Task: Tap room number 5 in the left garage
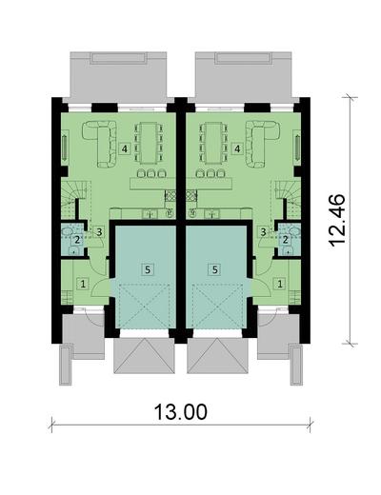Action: (146, 269)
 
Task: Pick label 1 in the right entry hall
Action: (279, 283)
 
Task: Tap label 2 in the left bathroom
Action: (76, 240)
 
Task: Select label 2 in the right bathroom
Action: (285, 240)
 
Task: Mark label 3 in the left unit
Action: (98, 231)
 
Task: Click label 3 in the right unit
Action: (262, 231)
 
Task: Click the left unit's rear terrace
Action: (120, 71)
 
